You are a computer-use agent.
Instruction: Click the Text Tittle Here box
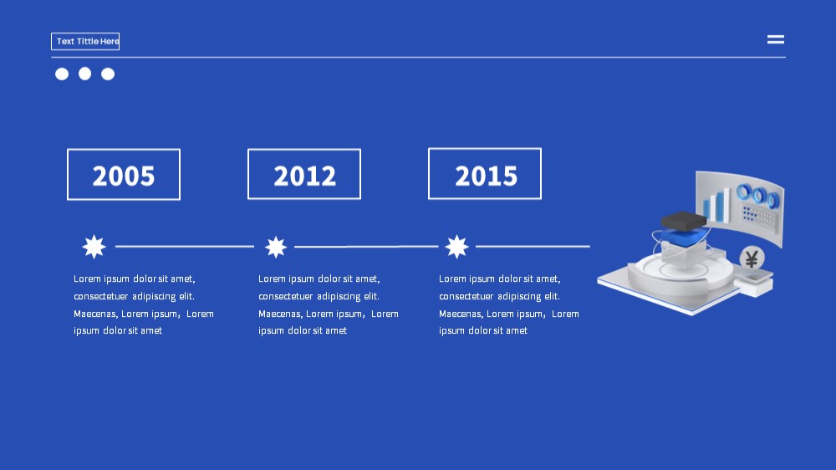(85, 41)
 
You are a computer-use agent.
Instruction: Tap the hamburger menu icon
(775, 39)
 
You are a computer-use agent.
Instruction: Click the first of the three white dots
(62, 74)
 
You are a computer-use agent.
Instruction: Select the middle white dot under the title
(84, 74)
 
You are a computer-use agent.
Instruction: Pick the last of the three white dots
(108, 74)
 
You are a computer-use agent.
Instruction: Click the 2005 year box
(124, 175)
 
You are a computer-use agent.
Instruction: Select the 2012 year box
(304, 174)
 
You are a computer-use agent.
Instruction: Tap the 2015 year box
(485, 173)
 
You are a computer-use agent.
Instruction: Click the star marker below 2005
(94, 247)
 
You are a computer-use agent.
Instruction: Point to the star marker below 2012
(276, 247)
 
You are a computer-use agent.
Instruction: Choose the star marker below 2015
(457, 247)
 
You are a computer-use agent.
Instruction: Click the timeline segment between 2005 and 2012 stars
(185, 247)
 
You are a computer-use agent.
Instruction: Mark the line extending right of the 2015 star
(533, 247)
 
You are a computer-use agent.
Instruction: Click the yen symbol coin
(752, 258)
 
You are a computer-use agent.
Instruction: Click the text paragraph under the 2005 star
(144, 304)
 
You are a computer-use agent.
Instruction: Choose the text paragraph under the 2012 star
(329, 304)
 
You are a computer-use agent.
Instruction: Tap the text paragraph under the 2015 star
(509, 304)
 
